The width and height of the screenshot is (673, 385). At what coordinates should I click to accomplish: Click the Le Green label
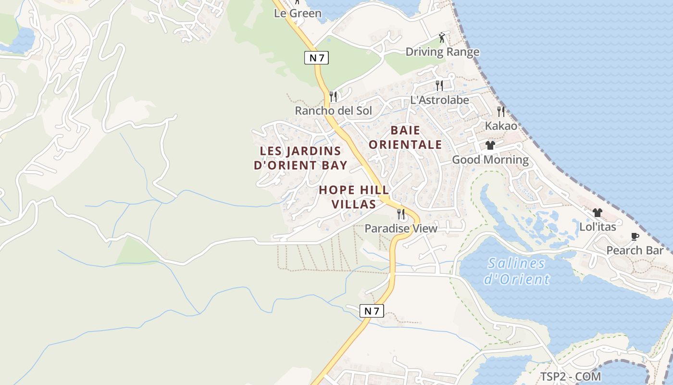pyautogui.click(x=298, y=13)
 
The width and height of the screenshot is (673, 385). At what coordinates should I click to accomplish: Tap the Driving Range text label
pyautogui.click(x=442, y=52)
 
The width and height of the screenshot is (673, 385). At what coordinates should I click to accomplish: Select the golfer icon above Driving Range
pyautogui.click(x=442, y=38)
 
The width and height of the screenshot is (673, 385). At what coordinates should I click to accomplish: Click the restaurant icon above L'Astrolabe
pyautogui.click(x=439, y=86)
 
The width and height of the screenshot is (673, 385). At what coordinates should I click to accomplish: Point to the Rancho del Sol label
pyautogui.click(x=333, y=111)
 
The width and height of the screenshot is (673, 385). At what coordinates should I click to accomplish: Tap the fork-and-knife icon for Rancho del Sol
pyautogui.click(x=333, y=97)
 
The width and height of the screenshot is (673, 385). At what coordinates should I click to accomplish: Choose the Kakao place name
pyautogui.click(x=501, y=126)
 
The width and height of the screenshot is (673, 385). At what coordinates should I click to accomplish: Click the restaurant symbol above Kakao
pyautogui.click(x=501, y=112)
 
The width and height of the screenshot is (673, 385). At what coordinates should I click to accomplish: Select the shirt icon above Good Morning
pyautogui.click(x=490, y=145)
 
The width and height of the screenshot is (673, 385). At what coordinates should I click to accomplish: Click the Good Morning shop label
pyautogui.click(x=490, y=160)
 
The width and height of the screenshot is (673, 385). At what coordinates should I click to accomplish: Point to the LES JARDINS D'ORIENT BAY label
pyautogui.click(x=300, y=158)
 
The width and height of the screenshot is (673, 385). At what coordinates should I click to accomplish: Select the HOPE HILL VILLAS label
pyautogui.click(x=354, y=197)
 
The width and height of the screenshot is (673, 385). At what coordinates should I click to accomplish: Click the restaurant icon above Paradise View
pyautogui.click(x=400, y=214)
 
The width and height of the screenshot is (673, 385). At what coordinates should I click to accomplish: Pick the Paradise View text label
pyautogui.click(x=401, y=229)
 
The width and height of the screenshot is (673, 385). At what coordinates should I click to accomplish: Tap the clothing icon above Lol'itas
pyautogui.click(x=598, y=212)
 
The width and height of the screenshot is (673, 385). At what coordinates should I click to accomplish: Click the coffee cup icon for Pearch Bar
pyautogui.click(x=635, y=236)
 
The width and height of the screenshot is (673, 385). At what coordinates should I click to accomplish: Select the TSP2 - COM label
pyautogui.click(x=570, y=376)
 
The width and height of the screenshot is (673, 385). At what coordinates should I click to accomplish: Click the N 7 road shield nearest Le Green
pyautogui.click(x=316, y=58)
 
